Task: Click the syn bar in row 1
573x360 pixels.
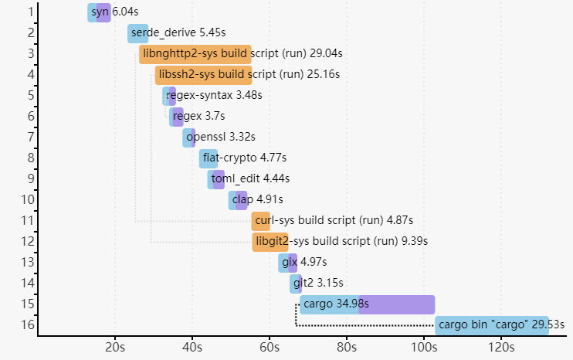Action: [x=99, y=13]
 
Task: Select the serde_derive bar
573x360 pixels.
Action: [x=137, y=33]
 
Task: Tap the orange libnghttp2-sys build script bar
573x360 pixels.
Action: [x=195, y=54]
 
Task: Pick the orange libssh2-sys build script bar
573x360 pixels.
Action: [x=203, y=75]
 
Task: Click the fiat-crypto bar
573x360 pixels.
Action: [x=209, y=158]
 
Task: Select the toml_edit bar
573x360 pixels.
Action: [x=215, y=179]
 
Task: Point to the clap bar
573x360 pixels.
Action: [x=238, y=200]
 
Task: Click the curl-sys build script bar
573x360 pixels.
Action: [x=260, y=221]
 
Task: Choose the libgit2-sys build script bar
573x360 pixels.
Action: [x=270, y=242]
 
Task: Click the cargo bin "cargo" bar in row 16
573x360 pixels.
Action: [x=491, y=325]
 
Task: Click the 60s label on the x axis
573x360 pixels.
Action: [x=270, y=347]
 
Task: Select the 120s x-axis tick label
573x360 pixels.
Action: [x=500, y=347]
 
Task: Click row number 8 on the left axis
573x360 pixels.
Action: [x=29, y=158]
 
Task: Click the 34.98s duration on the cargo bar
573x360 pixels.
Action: [x=352, y=304]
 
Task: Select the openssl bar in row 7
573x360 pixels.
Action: [x=188, y=138]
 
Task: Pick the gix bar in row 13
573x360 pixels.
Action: [x=287, y=263]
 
